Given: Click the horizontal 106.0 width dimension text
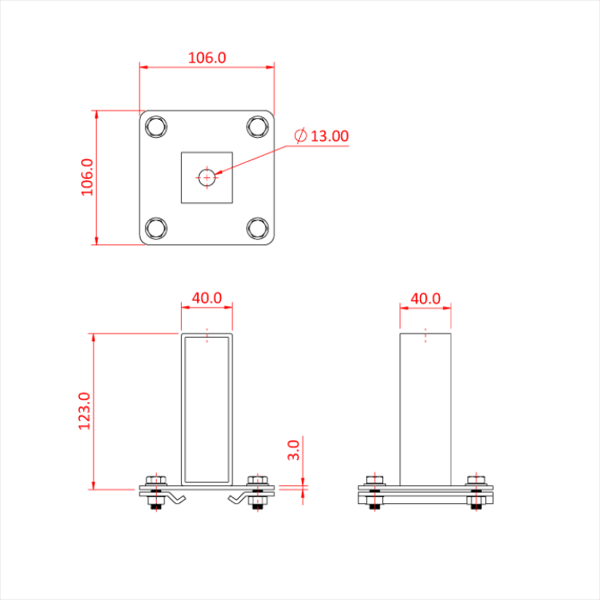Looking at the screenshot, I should [x=207, y=58].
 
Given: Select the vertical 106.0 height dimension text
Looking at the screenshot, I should [x=87, y=177].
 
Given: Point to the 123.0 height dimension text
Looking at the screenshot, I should [x=84, y=411].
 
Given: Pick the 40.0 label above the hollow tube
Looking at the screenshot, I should [x=207, y=298].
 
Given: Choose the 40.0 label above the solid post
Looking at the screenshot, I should [x=425, y=298].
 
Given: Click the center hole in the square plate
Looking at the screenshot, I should [x=207, y=177].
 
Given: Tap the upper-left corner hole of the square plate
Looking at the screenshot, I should [x=156, y=127].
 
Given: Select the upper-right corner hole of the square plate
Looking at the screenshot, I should [x=257, y=127].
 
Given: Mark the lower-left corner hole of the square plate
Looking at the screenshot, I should [x=156, y=228].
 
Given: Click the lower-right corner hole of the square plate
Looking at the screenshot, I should [x=257, y=228].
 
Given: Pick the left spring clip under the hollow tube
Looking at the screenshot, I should [x=176, y=498].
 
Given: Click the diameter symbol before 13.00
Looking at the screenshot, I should [x=300, y=135].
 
